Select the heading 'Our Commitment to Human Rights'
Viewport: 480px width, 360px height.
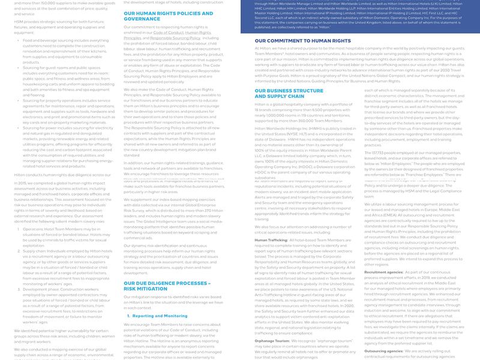point(294,40)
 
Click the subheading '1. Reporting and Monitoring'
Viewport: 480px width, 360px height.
point(160,315)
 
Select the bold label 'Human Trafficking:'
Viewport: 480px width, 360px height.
point(271,239)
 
